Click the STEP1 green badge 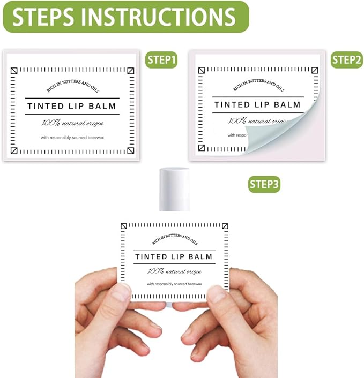point(161,60)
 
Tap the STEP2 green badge point(346,59)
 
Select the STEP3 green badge point(264,184)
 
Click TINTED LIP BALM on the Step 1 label point(72,106)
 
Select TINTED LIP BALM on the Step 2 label point(257,104)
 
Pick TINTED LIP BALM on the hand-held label point(174,257)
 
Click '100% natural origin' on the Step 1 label point(72,123)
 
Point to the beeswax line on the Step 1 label point(72,138)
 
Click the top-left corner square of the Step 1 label point(14,70)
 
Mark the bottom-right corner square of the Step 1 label point(130,151)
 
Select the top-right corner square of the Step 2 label point(316,70)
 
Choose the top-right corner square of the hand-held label point(225,226)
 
